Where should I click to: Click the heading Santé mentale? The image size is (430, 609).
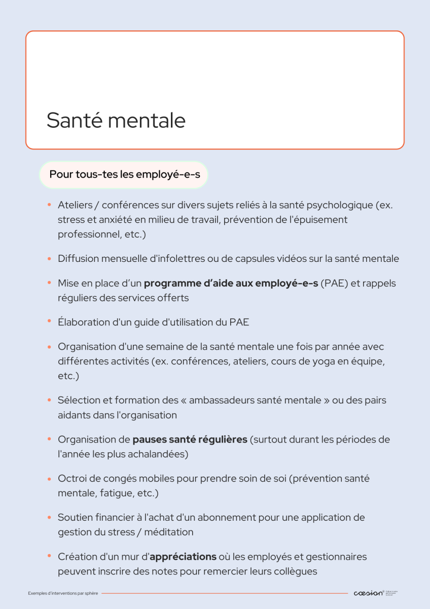(x=116, y=120)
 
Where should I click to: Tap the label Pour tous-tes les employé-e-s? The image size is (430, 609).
(x=125, y=174)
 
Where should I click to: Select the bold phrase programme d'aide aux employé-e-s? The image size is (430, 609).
(x=231, y=283)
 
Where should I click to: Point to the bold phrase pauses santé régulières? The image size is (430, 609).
(x=190, y=439)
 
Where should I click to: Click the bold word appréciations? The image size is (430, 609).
(x=183, y=557)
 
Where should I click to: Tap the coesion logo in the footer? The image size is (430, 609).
(x=368, y=593)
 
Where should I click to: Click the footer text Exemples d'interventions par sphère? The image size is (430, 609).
(x=63, y=593)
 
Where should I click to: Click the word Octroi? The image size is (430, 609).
(x=70, y=479)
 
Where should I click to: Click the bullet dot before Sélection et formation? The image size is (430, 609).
(x=50, y=400)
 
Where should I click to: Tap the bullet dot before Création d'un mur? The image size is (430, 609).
(x=50, y=556)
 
